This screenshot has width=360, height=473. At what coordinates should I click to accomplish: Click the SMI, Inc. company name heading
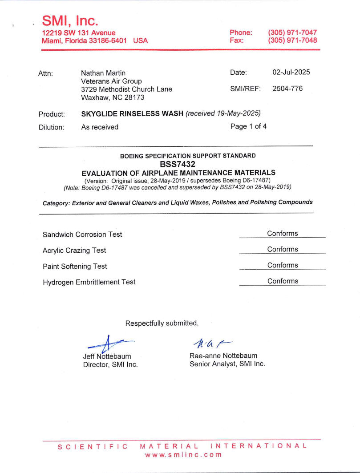tap(70, 20)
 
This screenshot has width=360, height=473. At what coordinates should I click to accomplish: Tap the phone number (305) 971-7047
tap(292, 32)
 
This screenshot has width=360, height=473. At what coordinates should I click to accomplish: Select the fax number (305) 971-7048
tap(292, 40)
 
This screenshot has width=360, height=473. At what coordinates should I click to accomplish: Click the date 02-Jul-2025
tap(291, 72)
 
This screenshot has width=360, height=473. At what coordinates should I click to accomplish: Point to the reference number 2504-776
tap(287, 89)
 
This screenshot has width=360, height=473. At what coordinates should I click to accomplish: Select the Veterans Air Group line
tap(111, 81)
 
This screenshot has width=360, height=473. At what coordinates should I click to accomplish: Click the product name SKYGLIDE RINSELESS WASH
tap(132, 113)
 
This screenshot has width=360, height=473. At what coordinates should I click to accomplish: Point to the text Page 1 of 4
tap(248, 126)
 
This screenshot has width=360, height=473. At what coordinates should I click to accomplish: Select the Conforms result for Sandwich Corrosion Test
tap(283, 234)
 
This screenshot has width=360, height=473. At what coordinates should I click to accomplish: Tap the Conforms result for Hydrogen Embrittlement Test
tap(283, 281)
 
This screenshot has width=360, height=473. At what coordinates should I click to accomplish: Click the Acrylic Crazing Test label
tap(74, 251)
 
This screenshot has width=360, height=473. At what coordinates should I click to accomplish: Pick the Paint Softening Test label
tap(75, 267)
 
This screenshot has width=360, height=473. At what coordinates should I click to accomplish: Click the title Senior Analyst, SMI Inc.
tap(227, 364)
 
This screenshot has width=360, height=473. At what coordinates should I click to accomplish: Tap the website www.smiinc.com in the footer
tap(183, 455)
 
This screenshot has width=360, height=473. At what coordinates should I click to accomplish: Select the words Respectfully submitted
tap(162, 323)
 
